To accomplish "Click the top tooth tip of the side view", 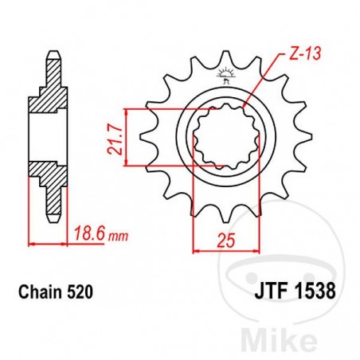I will click(53, 57).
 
